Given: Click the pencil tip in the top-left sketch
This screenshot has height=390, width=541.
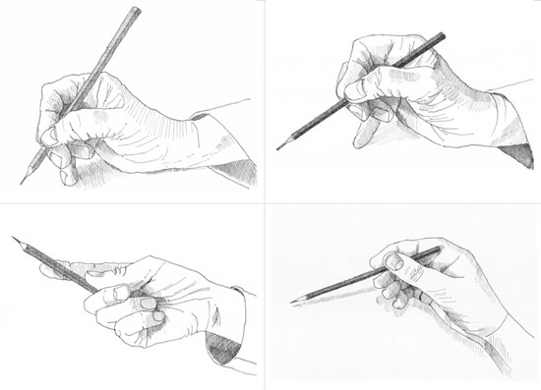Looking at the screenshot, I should point(22,183).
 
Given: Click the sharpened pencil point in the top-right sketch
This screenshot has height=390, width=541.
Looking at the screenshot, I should point(278,147).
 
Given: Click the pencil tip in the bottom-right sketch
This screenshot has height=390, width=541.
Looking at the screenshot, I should point(292,301).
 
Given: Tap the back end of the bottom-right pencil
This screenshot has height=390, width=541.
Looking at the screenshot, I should point(440,250).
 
